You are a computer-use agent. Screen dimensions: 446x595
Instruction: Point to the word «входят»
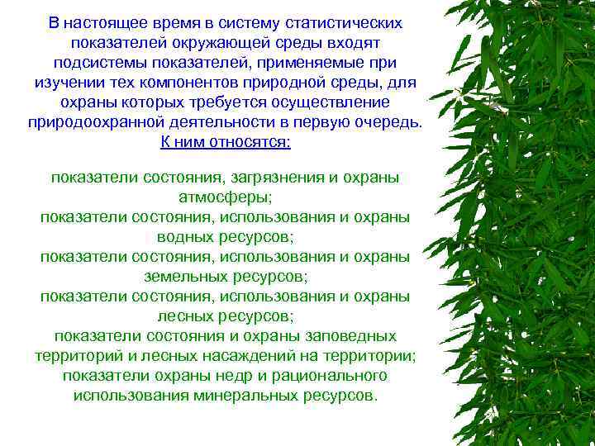tap(353, 42)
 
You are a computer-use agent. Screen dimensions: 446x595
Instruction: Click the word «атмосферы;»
tap(225, 197)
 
